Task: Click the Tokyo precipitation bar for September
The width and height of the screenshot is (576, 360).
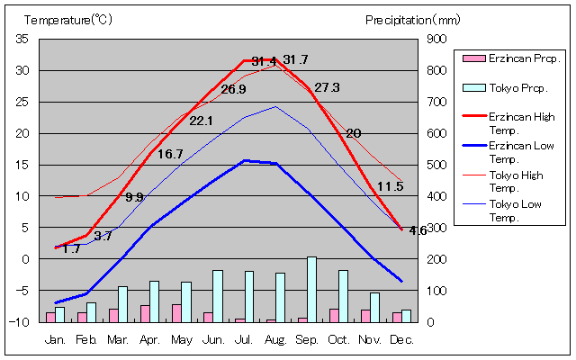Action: [x=311, y=289]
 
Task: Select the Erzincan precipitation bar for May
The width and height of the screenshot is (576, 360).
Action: [x=177, y=312]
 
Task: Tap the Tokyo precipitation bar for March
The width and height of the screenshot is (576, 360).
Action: [x=122, y=303]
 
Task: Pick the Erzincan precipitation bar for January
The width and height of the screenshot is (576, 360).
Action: [x=50, y=317]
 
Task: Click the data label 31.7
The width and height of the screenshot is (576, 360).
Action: [x=295, y=60]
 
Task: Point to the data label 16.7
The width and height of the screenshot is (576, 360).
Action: [x=170, y=154]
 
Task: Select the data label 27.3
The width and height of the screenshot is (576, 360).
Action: [x=327, y=87]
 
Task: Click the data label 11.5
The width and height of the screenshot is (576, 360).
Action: [x=390, y=186]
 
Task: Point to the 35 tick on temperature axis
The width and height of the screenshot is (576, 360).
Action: [x=22, y=39]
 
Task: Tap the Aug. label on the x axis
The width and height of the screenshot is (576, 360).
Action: [x=275, y=339]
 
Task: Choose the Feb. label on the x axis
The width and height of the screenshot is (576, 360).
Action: [x=86, y=339]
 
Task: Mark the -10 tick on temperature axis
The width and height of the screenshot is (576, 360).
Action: [x=20, y=321]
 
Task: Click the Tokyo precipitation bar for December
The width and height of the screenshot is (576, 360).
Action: [x=406, y=315]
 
